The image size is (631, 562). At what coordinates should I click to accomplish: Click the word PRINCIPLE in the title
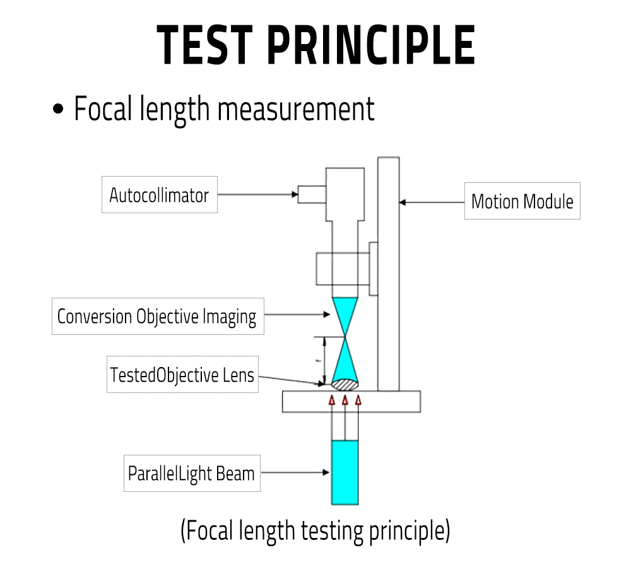370,45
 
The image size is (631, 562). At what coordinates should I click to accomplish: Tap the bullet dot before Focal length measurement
59,110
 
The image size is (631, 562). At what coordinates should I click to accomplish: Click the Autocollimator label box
159,195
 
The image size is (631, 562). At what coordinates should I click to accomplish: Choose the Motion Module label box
522,202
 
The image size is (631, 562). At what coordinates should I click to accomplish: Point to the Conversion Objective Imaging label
157,317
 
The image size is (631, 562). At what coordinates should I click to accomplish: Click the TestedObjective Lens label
182,375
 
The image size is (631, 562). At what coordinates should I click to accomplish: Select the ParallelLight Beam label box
191,473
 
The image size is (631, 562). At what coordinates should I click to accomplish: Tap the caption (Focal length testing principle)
315,530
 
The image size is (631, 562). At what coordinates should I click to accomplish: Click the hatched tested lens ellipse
345,383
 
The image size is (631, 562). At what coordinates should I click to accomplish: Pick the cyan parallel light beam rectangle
345,472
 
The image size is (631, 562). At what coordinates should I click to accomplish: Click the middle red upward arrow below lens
345,400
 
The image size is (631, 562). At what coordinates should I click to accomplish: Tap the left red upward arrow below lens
332,400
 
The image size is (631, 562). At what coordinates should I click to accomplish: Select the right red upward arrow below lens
358,400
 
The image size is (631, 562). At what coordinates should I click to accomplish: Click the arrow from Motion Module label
432,202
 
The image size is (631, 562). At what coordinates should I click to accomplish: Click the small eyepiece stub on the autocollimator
312,194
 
